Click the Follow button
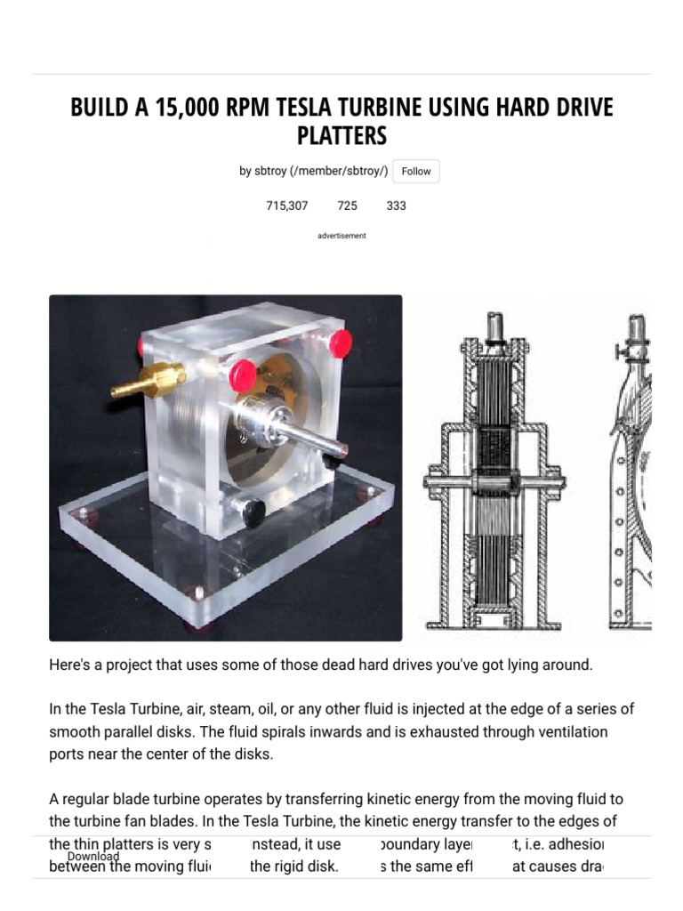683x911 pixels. (x=415, y=172)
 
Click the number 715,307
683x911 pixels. (x=286, y=206)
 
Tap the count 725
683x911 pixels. (x=347, y=206)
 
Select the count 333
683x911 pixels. (x=396, y=206)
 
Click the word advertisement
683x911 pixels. (x=341, y=236)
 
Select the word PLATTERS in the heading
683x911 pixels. (x=341, y=136)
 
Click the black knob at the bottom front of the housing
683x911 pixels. (x=253, y=512)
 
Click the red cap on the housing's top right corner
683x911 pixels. (x=339, y=341)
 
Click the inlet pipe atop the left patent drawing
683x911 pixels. (x=495, y=325)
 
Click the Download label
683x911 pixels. (x=93, y=857)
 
